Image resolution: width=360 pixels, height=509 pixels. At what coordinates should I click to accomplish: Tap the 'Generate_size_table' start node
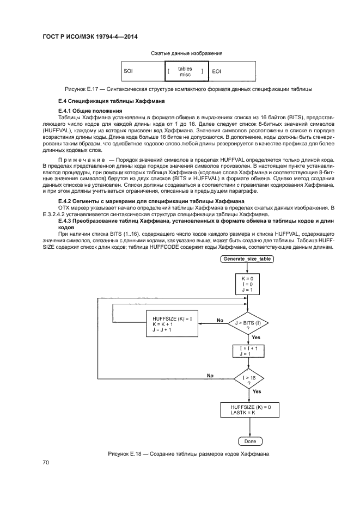[247, 259]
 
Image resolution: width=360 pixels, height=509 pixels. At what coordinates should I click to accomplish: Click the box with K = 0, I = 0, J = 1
[247, 283]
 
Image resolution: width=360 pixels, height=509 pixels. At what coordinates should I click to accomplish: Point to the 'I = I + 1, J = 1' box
[247, 351]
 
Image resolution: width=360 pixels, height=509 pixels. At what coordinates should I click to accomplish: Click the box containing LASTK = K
[247, 410]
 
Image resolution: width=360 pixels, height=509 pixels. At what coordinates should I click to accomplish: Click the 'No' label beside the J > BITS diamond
[219, 320]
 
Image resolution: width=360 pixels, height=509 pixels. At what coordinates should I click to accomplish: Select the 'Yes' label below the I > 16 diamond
[257, 391]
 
